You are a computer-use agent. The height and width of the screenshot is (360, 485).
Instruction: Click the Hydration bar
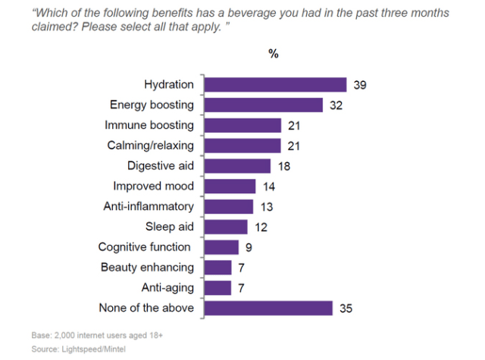pos(276,85)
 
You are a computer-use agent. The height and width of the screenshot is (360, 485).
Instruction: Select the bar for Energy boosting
pos(264,105)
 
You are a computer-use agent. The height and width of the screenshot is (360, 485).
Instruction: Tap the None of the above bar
pos(269,308)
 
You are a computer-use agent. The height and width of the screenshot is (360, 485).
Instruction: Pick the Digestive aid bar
pos(238,166)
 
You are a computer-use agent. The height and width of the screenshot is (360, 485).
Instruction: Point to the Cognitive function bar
pos(222,247)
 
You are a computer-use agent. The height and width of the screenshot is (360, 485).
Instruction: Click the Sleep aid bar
pos(227,227)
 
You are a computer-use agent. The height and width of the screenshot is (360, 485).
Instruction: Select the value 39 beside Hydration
pos(360,85)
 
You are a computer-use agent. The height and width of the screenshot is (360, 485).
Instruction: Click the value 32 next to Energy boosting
pos(336,105)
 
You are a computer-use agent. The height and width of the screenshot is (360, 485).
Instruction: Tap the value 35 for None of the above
pos(346,308)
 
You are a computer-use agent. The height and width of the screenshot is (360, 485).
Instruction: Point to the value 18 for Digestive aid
pos(283,166)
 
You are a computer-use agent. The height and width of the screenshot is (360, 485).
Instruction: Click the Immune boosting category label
pos(149,125)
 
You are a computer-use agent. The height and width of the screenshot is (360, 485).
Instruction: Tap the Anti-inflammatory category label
pos(149,206)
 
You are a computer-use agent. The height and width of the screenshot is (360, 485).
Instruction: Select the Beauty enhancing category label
pos(147,267)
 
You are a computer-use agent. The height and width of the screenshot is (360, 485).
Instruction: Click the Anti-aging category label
pos(167,287)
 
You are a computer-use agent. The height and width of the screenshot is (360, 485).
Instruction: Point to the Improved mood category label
pos(153,186)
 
